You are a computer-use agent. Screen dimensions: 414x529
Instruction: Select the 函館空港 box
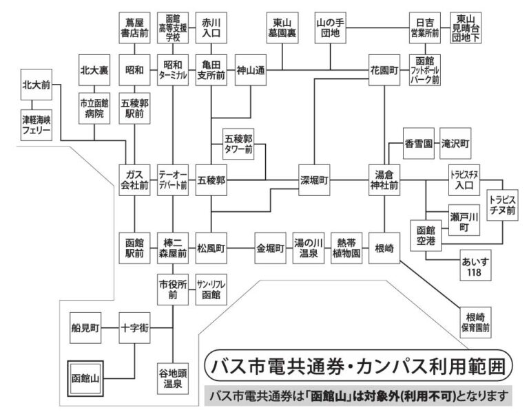tap(426, 236)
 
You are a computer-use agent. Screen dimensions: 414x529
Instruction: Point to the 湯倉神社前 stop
tap(384, 180)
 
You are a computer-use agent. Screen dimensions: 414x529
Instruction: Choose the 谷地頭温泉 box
tap(173, 378)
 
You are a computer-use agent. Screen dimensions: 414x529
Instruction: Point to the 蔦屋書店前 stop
tap(134, 28)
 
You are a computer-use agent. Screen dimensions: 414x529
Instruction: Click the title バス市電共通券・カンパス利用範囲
tap(359, 364)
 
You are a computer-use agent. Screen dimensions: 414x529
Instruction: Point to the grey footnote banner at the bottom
tap(359, 396)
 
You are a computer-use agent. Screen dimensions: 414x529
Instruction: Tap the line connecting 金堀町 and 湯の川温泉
tap(289, 246)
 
